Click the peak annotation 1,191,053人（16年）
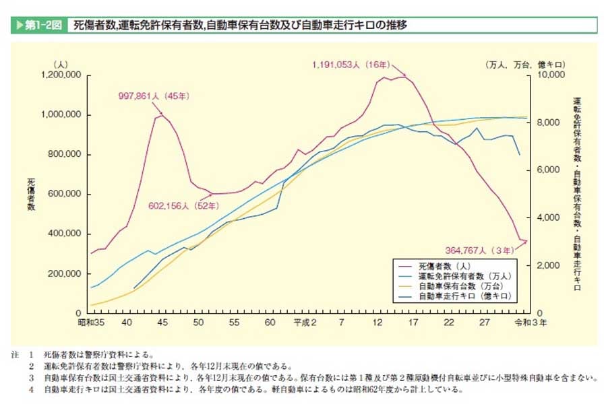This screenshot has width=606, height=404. click(351, 65)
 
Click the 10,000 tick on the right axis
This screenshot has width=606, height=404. click(551, 75)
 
